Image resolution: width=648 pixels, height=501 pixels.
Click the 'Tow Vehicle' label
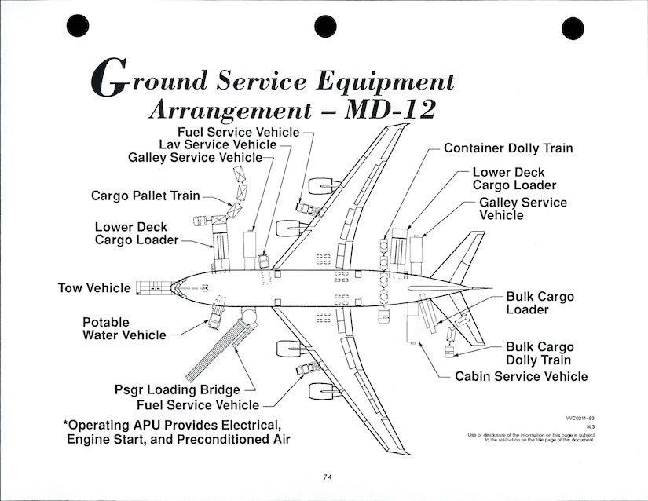pos(94,288)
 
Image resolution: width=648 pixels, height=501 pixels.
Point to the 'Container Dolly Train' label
pos(508,148)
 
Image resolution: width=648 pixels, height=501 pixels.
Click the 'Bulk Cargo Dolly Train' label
pos(540,353)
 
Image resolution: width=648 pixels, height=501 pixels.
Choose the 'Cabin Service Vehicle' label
pos(521,377)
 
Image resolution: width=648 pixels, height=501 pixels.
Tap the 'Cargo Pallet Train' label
pos(145,196)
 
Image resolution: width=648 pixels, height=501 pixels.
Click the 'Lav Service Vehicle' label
pos(218,144)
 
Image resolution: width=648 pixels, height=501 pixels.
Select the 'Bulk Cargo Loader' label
pos(540,303)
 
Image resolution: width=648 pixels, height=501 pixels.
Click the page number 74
pos(328,476)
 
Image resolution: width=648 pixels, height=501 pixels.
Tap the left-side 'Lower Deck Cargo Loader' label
pos(137,233)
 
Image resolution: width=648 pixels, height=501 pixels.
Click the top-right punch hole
pos(572,27)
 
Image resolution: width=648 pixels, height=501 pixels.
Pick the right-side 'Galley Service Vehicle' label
pos(522,208)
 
